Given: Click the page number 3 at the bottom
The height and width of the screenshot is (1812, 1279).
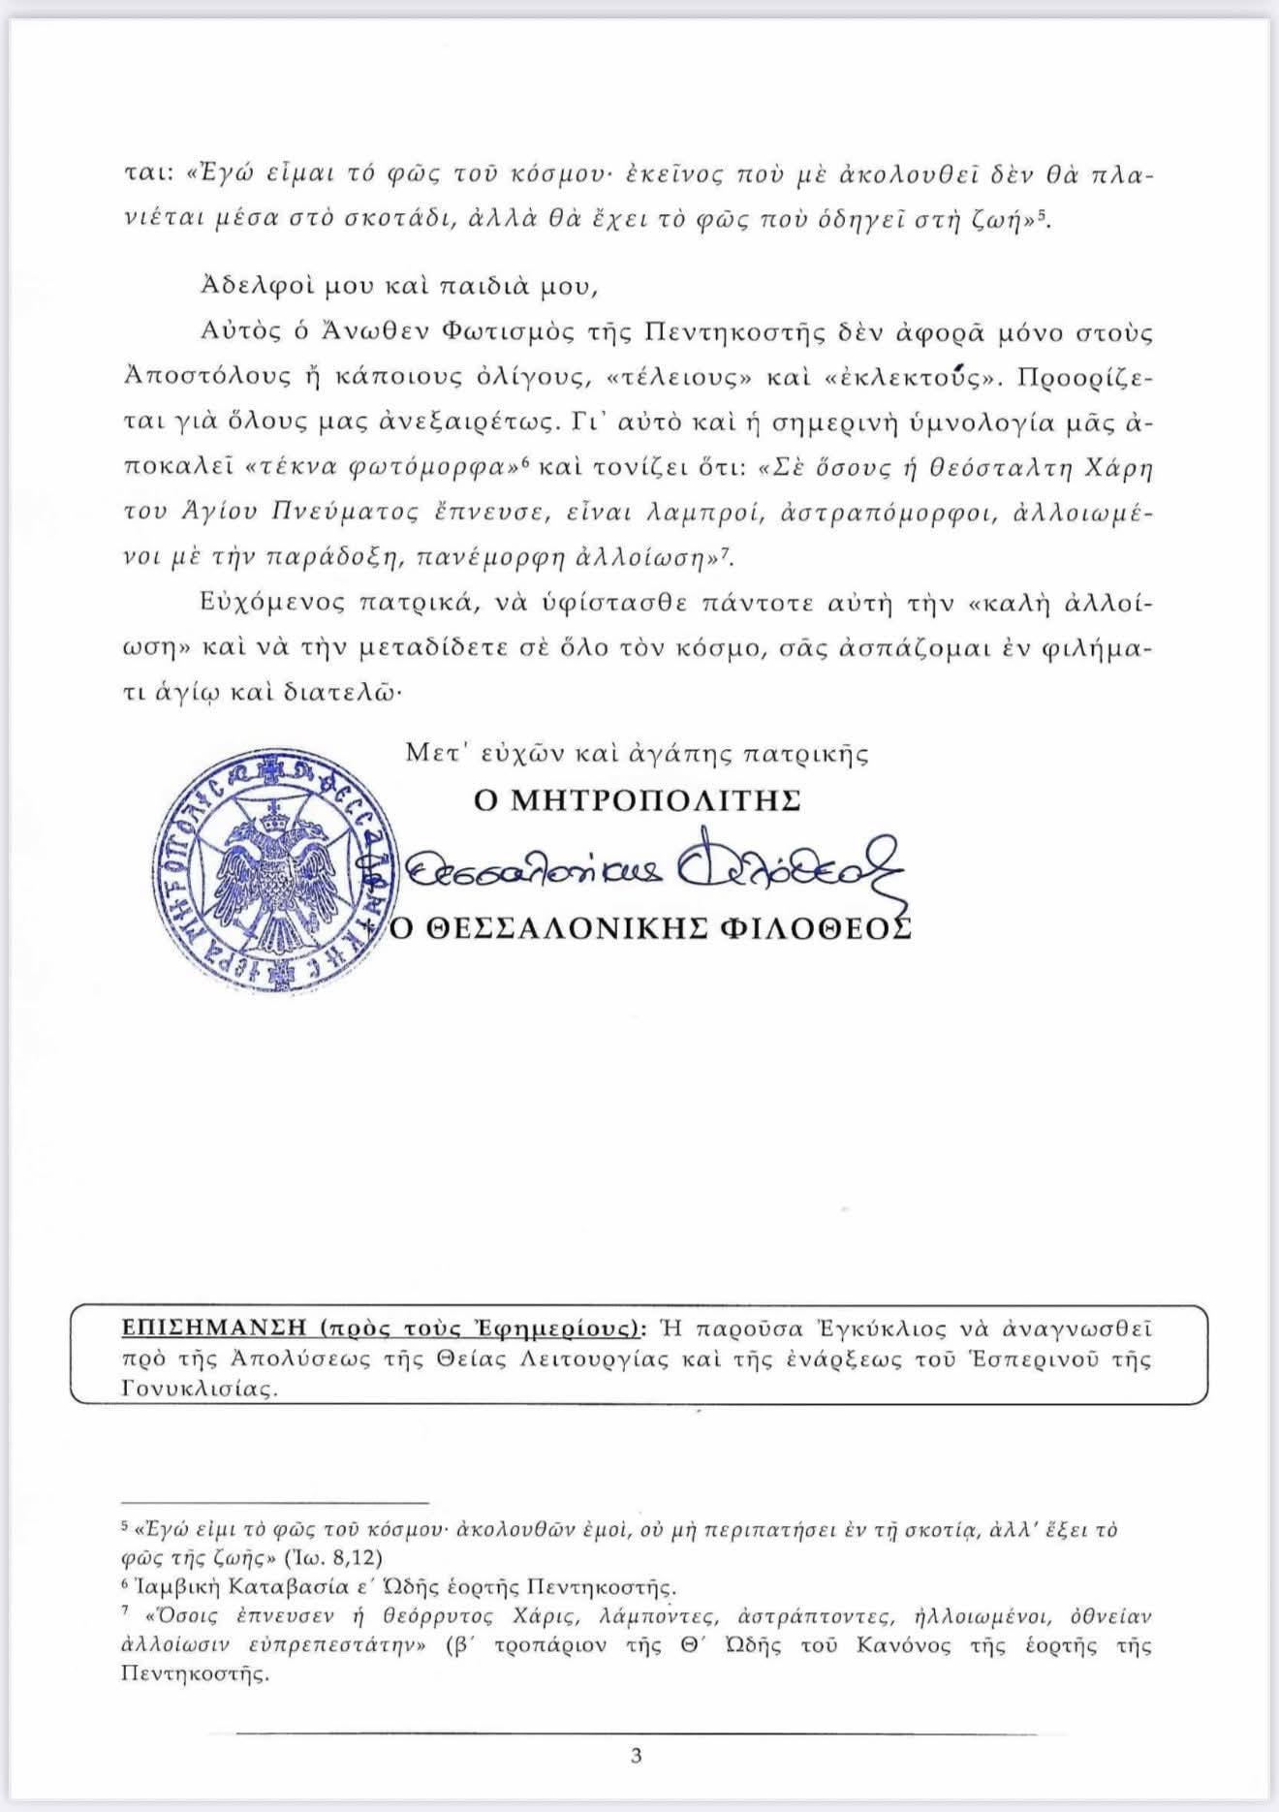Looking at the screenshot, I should pos(636,1755).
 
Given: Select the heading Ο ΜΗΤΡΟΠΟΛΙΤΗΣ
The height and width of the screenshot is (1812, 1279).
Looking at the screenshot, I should pos(637,801).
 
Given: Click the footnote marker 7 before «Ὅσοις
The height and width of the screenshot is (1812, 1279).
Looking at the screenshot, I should pos(125,1613).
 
